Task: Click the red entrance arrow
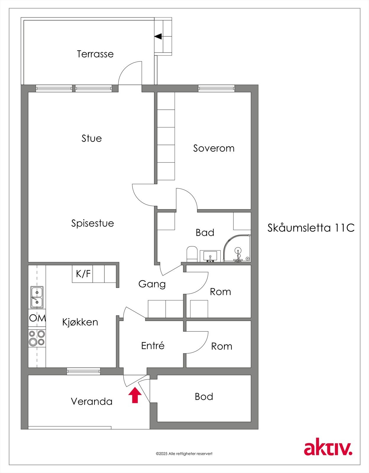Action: coord(135,396)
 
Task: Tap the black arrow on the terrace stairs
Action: coord(158,37)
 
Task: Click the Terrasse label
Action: coord(95,54)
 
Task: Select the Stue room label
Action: coord(92,138)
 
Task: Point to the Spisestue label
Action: coord(93,223)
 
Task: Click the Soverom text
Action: coord(214,148)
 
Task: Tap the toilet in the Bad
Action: coord(192,254)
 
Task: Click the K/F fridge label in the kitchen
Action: coord(83,274)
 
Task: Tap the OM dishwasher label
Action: coord(37,318)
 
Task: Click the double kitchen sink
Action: coord(37,297)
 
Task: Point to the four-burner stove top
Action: coord(37,338)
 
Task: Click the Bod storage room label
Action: coord(204,396)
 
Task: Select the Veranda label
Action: coord(92,401)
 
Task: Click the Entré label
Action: coord(153,346)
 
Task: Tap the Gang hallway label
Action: coord(152,284)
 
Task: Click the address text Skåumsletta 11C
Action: coord(311,228)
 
